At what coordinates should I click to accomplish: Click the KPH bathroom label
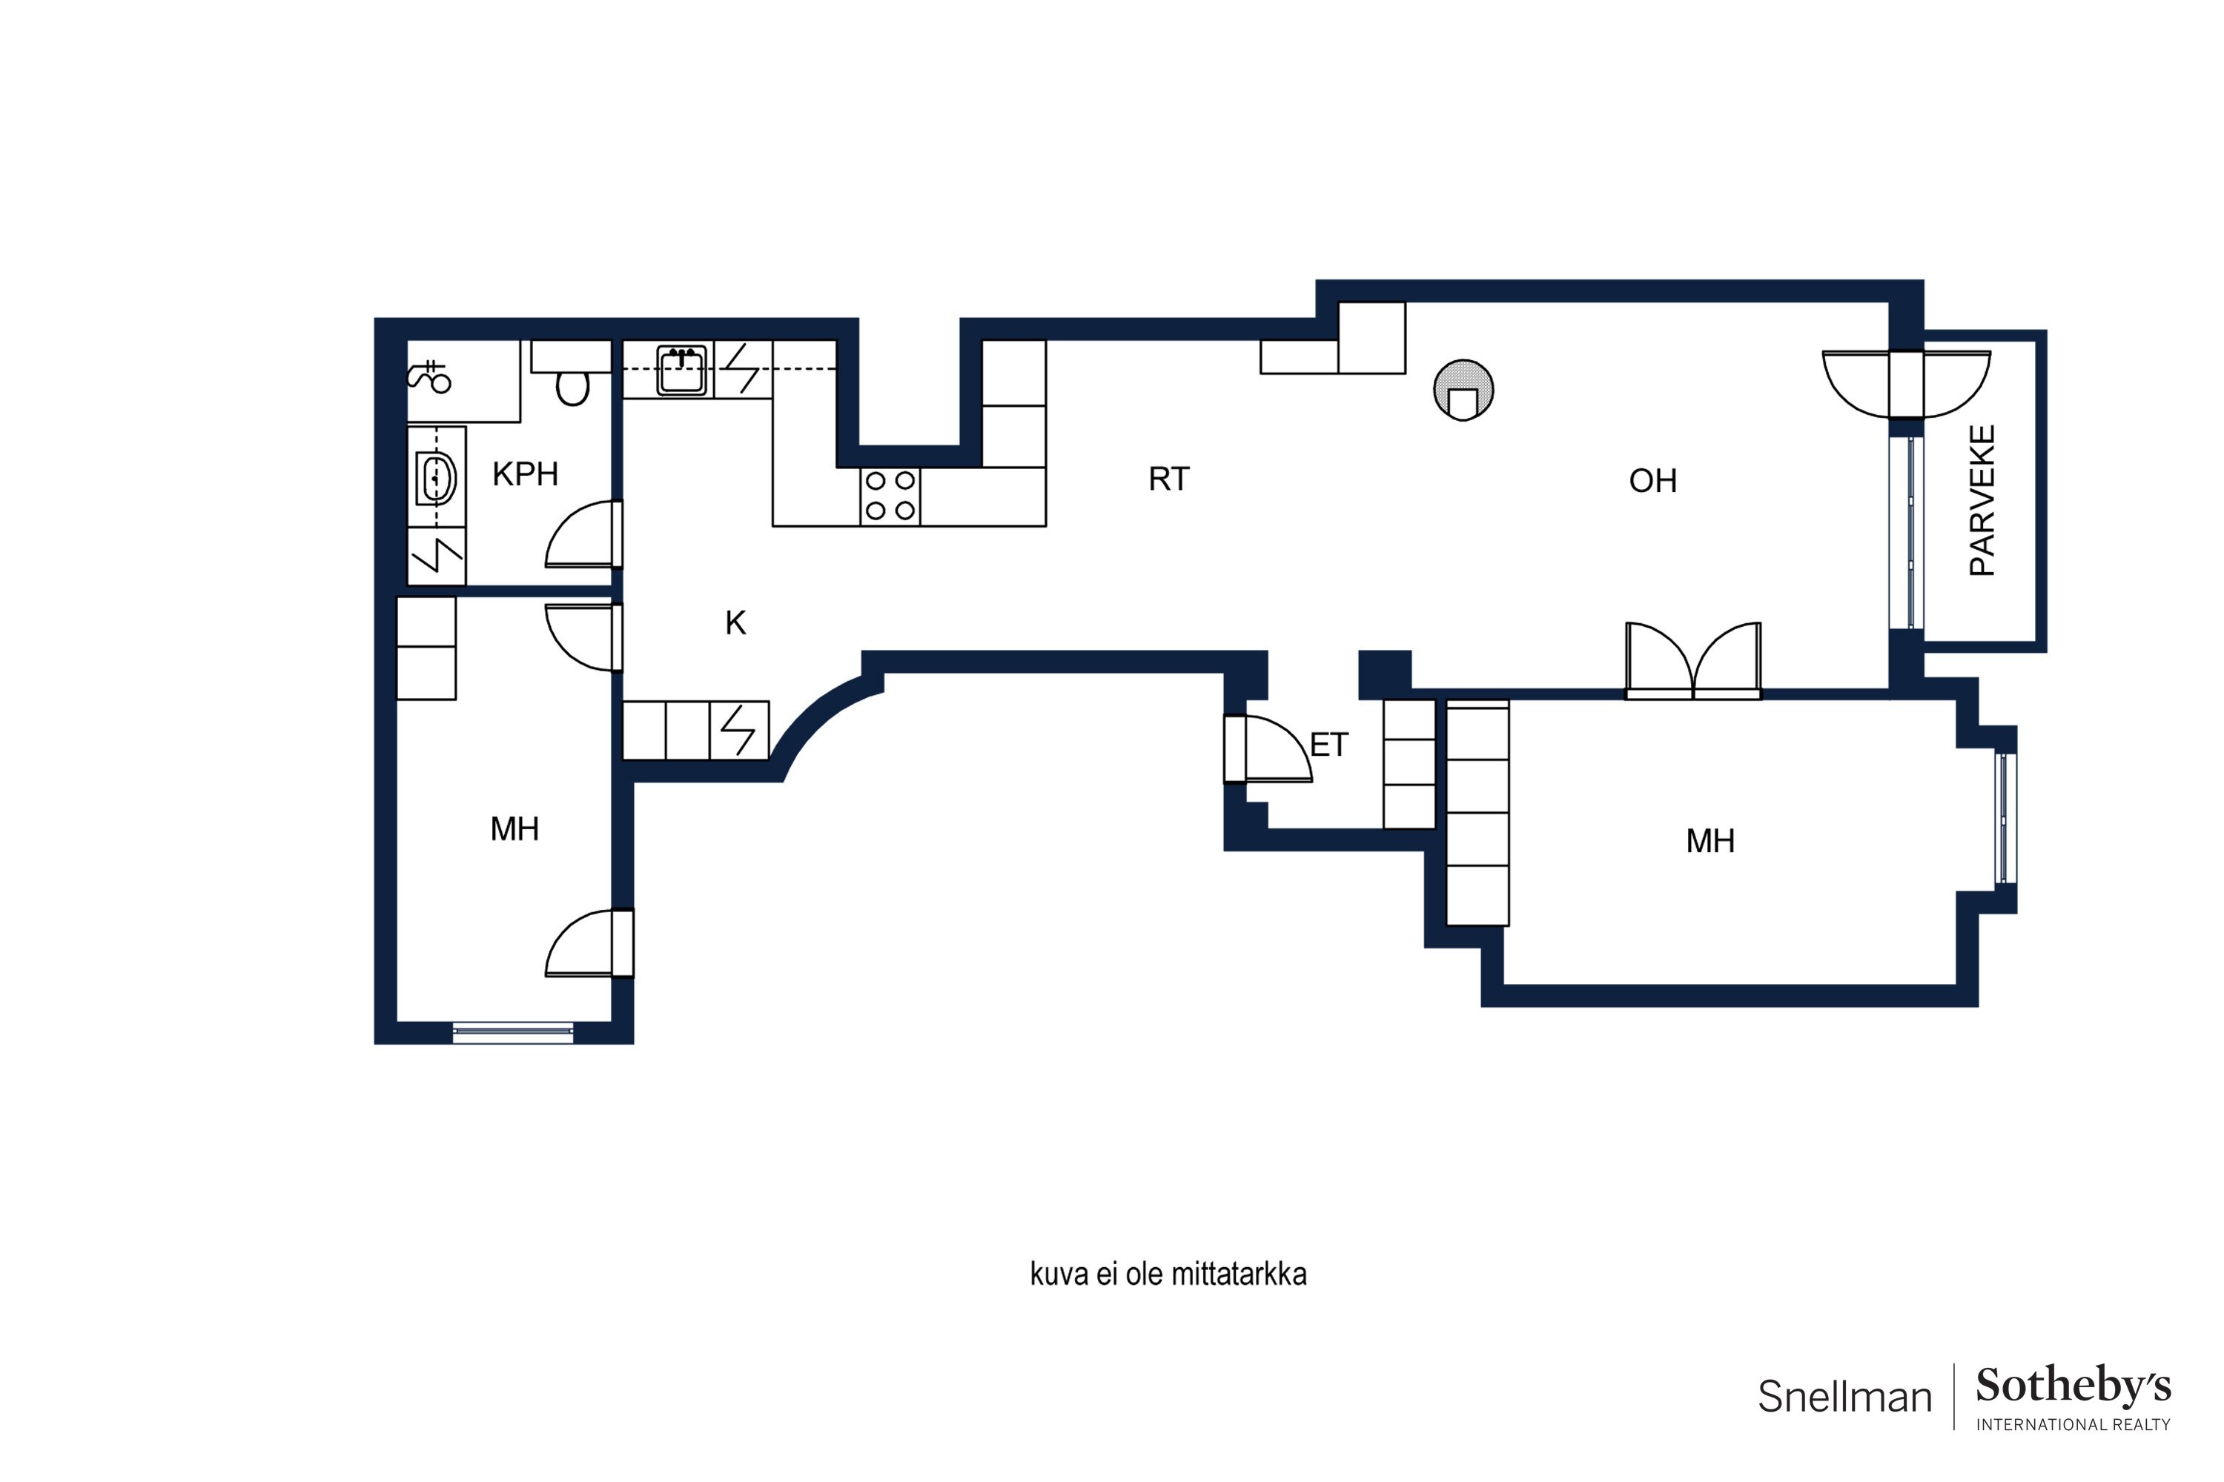[x=525, y=473]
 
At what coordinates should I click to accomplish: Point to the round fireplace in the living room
[x=1463, y=390]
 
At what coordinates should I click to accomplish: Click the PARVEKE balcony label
[x=1982, y=500]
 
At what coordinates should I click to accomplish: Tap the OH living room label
[x=1653, y=481]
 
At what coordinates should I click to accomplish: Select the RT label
[x=1169, y=479]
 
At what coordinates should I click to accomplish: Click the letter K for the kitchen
[x=735, y=623]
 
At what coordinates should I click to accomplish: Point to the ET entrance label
[x=1328, y=745]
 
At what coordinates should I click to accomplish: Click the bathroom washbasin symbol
[x=435, y=479]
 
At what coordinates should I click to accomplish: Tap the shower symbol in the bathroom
[x=429, y=375]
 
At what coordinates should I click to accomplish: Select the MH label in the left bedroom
[x=514, y=829]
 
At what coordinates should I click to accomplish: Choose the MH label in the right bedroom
[x=1710, y=841]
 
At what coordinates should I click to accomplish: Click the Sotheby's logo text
[x=2074, y=1386]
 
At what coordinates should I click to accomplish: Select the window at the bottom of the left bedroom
[x=514, y=1032]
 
